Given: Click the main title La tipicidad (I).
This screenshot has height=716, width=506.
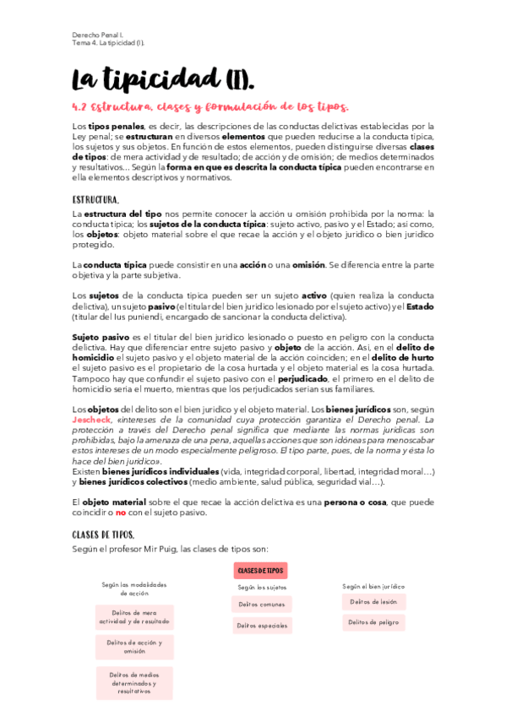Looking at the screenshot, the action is click(162, 79).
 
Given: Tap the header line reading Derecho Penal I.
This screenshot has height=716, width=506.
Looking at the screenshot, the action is click(98, 34).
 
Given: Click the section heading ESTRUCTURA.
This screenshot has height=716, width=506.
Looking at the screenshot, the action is click(95, 200).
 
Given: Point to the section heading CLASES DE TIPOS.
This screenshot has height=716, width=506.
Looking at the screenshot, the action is click(102, 534).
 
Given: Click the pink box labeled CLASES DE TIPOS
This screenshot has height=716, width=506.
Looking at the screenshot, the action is click(261, 571).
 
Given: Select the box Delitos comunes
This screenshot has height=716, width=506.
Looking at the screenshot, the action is click(262, 604).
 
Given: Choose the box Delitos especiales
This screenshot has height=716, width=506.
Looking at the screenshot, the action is click(262, 626).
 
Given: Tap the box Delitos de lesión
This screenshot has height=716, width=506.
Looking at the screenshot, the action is click(373, 601).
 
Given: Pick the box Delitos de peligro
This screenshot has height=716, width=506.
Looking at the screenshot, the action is click(373, 622).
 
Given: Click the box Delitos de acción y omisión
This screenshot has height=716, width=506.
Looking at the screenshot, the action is click(134, 647).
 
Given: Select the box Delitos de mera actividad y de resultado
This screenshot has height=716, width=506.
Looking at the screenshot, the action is click(134, 617).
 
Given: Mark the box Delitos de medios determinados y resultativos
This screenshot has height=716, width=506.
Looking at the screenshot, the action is click(134, 682).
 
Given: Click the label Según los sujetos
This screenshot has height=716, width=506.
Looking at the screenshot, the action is click(262, 586).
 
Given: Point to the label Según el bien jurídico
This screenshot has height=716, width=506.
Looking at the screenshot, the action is click(373, 585).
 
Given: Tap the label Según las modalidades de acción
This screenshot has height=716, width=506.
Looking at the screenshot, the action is click(134, 589).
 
